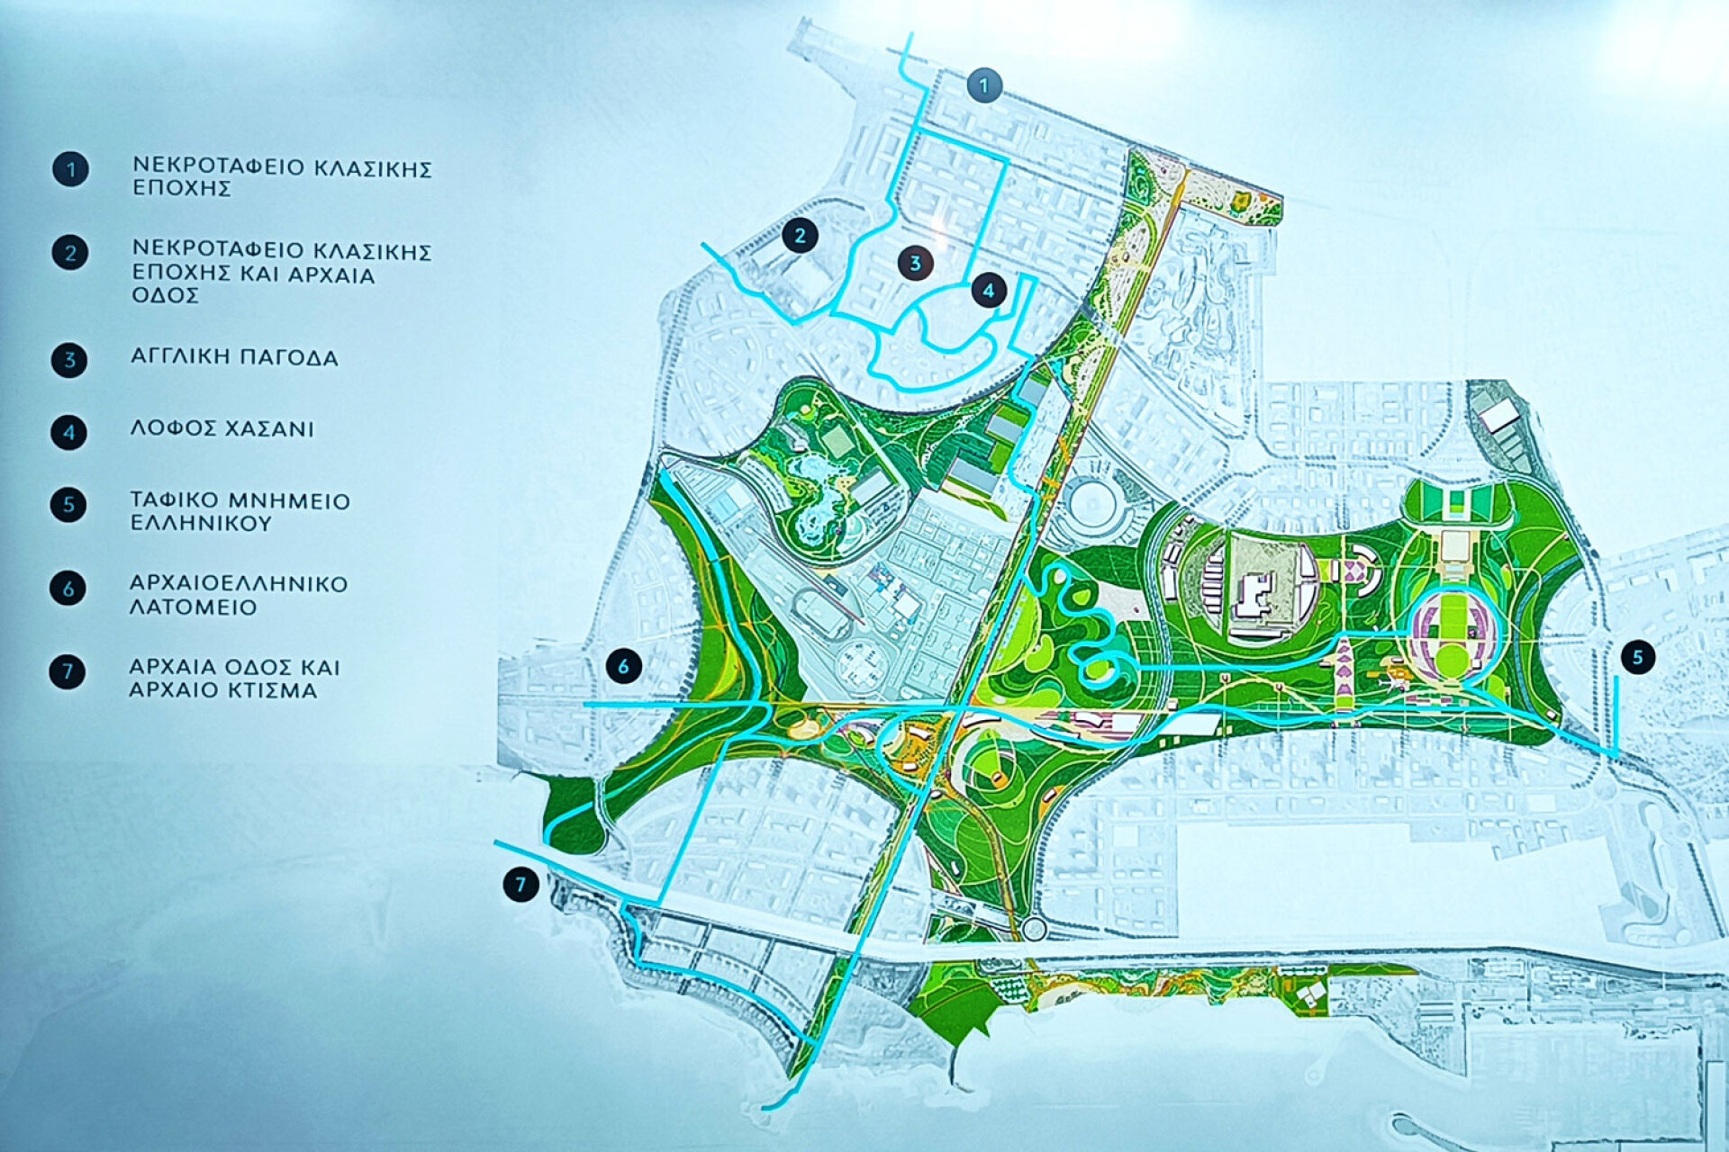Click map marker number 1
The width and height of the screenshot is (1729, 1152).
[x=984, y=85]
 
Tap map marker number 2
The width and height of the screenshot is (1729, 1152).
[x=800, y=236]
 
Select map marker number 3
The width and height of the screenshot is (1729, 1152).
[x=915, y=263]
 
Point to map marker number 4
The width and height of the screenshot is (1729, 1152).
[x=989, y=291]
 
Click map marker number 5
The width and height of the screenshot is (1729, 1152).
[x=1637, y=657]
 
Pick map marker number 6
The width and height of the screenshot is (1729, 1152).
[x=623, y=667]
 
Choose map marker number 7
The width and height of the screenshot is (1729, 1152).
[x=521, y=884]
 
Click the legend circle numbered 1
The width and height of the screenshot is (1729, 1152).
[x=70, y=169]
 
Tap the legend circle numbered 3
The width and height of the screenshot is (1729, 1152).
[x=69, y=360]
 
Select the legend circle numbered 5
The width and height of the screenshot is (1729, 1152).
[x=69, y=505]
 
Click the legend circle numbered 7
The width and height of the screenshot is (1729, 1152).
[x=68, y=671]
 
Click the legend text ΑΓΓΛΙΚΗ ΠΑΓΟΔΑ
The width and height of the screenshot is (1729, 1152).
[x=234, y=357]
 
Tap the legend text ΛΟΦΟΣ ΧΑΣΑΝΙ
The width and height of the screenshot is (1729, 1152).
[x=222, y=428]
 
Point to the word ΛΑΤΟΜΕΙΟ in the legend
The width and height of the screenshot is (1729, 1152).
[x=194, y=607]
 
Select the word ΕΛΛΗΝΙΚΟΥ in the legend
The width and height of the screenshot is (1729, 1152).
[x=200, y=523]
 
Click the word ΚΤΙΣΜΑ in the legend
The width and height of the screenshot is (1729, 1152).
[x=267, y=690]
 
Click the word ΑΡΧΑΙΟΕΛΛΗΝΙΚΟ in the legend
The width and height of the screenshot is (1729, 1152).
[x=239, y=583]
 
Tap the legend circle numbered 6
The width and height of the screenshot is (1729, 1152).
[x=68, y=589]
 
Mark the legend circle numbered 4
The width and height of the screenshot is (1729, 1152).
[x=69, y=432]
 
